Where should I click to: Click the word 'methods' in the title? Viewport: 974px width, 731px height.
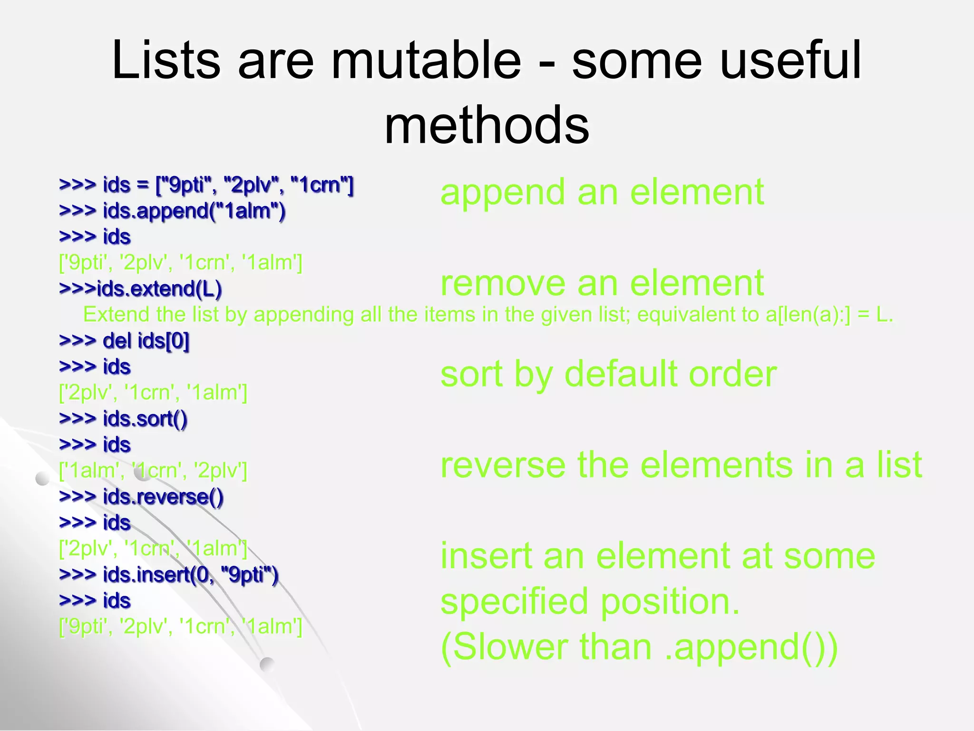pyautogui.click(x=487, y=125)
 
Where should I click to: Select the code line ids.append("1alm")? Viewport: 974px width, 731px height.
pyautogui.click(x=172, y=211)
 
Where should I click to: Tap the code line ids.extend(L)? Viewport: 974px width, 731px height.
pyautogui.click(x=141, y=289)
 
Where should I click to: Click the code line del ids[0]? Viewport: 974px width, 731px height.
pyautogui.click(x=124, y=341)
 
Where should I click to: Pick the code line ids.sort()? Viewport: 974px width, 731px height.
pyautogui.click(x=123, y=419)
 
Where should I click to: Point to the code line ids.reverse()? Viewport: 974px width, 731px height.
pyautogui.click(x=141, y=497)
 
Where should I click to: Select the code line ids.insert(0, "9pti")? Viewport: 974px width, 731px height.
pyautogui.click(x=168, y=575)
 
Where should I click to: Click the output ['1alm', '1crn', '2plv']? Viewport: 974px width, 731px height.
pyautogui.click(x=153, y=471)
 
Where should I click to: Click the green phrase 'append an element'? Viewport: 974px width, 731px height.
pyautogui.click(x=602, y=193)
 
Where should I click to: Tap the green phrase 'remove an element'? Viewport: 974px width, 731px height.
pyautogui.click(x=602, y=284)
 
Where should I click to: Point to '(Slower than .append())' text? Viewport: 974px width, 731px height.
pyautogui.click(x=639, y=647)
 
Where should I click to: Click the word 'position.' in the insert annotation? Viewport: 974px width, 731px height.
pyautogui.click(x=670, y=602)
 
